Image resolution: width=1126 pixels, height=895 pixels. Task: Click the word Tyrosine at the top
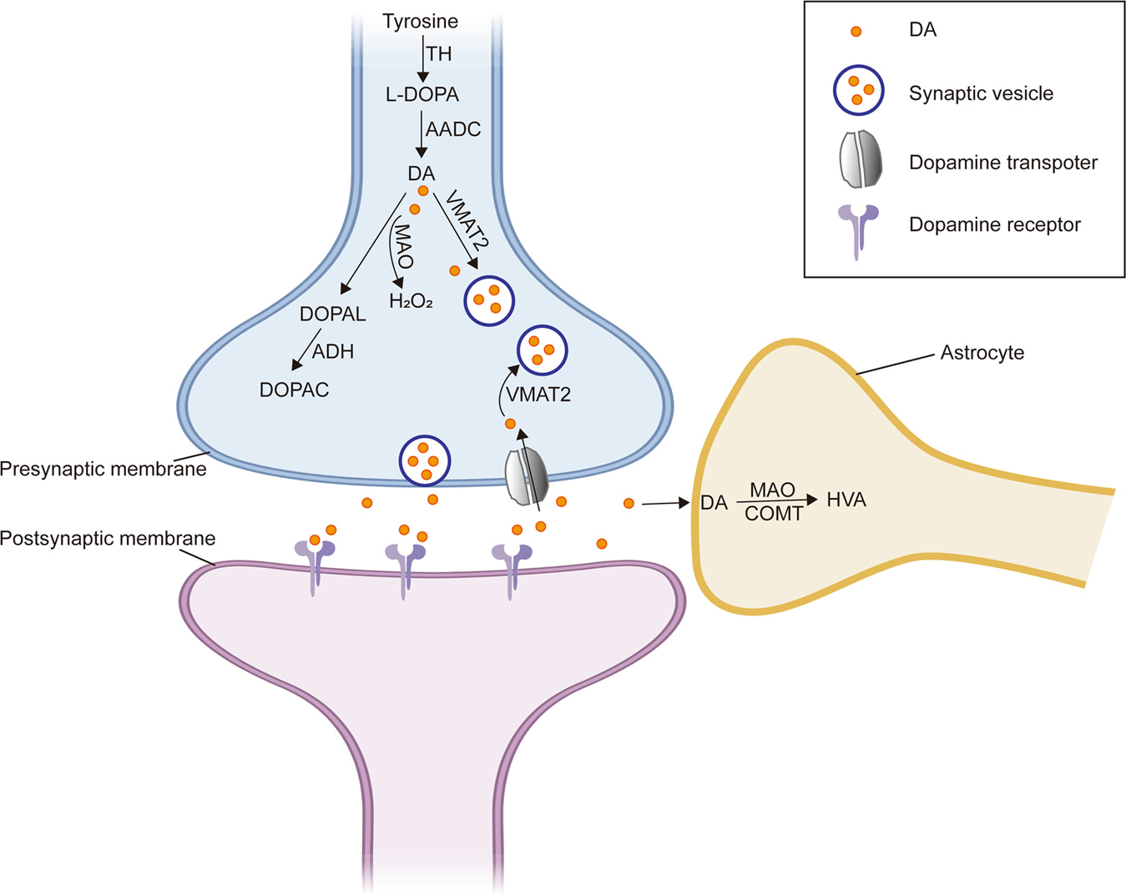tap(420, 22)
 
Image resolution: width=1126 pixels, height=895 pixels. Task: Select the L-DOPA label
tap(422, 94)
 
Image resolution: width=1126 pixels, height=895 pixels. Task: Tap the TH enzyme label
tap(439, 54)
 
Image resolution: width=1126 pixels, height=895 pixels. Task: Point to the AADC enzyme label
tap(453, 130)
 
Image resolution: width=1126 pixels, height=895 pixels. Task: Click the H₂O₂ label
tap(411, 301)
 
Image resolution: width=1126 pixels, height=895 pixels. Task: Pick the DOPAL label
tap(332, 314)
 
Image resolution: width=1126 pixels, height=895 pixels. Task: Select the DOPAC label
tap(294, 390)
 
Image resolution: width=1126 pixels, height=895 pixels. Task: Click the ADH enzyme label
tap(333, 352)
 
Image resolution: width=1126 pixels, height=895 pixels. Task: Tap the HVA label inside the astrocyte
tap(846, 500)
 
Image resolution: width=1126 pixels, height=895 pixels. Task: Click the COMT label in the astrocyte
tap(774, 514)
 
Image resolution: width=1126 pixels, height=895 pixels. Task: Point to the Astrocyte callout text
tap(982, 353)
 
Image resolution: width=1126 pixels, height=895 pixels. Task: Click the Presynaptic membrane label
tap(103, 469)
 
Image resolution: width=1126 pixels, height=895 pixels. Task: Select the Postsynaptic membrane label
tap(108, 539)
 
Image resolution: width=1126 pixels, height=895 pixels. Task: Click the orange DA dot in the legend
tap(856, 32)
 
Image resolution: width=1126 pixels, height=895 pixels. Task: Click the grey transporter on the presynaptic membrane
tap(527, 476)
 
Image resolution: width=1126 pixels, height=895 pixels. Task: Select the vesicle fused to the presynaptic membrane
tap(425, 460)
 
